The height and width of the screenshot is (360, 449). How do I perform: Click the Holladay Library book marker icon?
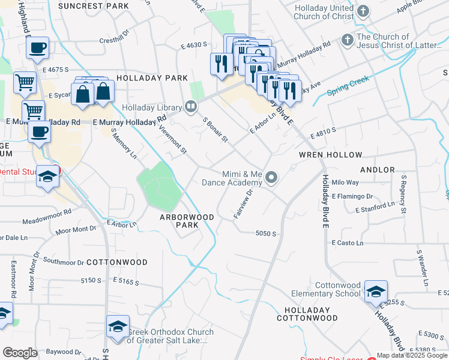[191, 107]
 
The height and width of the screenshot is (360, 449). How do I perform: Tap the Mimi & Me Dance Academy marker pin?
[272, 177]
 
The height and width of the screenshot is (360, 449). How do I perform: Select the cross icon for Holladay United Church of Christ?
[363, 11]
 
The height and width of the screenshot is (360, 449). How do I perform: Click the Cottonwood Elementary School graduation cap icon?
[376, 292]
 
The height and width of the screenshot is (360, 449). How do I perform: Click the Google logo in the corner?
[20, 353]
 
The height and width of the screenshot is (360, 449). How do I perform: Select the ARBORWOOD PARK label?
[187, 221]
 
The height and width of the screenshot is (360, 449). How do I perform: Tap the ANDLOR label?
[378, 170]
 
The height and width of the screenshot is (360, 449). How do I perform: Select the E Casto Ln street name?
[347, 243]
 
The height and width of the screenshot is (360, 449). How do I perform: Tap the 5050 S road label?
[265, 233]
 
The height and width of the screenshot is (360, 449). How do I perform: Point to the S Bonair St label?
[215, 129]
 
